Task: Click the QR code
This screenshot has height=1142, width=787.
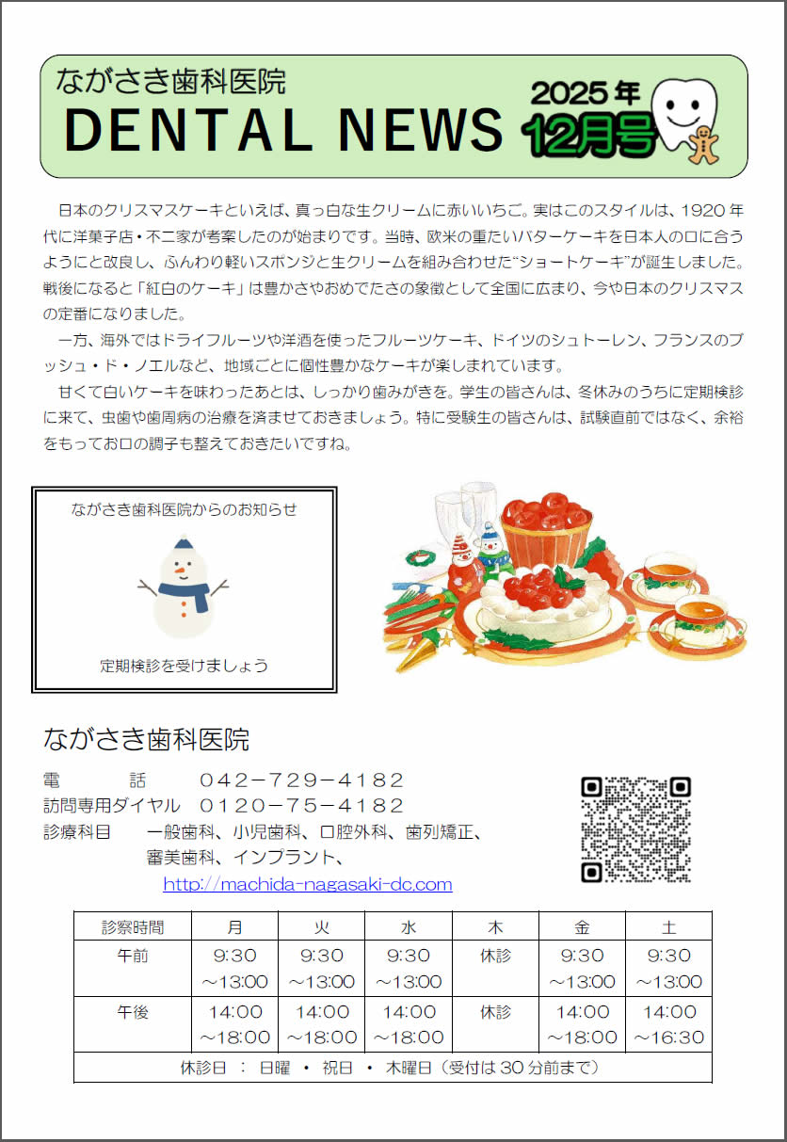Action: click(635, 828)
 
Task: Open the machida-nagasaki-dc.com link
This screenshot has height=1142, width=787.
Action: click(308, 884)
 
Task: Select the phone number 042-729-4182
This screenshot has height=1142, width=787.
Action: click(301, 780)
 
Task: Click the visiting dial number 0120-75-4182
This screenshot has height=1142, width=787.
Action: click(301, 805)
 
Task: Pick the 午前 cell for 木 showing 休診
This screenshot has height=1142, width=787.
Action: click(495, 956)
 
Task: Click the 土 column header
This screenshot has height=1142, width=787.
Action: click(668, 926)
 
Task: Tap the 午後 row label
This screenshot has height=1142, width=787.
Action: click(133, 1012)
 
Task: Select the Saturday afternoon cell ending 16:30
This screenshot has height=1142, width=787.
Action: click(668, 1024)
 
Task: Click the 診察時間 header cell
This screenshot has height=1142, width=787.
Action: click(133, 926)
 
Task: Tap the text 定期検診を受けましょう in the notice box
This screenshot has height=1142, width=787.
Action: click(184, 666)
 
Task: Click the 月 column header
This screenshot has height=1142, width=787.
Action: click(234, 926)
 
